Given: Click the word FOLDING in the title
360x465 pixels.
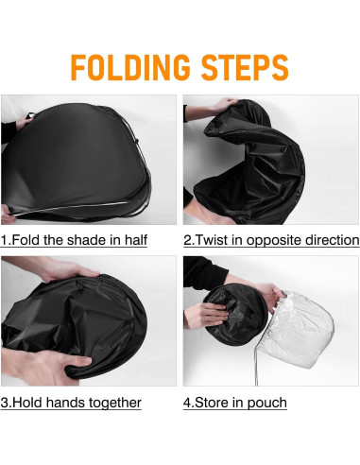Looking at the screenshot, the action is point(130,67).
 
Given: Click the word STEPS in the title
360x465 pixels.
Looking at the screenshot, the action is point(245,67).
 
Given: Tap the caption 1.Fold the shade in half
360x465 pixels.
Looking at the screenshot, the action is point(74,240).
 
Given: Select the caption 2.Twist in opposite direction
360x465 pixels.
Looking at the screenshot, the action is point(271,240).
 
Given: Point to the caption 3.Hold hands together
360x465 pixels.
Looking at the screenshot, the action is point(71,403).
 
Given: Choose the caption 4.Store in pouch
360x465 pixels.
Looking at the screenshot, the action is point(235,403).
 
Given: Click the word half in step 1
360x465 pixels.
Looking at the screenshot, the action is point(136,240).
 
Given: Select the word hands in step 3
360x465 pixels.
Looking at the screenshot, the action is point(66,403).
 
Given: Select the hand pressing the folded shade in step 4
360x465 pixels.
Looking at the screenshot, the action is point(206,315).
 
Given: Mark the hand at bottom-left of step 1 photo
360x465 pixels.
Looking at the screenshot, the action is point(7,215).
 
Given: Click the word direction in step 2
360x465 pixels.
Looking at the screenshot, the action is point(333,240).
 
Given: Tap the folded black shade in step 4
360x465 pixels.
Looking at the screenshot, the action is point(238,315).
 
